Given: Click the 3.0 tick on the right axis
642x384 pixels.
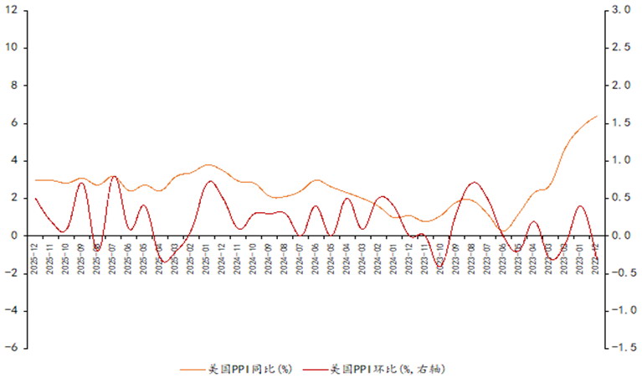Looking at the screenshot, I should tap(621, 10).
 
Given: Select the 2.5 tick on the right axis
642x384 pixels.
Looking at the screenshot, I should tap(621, 48).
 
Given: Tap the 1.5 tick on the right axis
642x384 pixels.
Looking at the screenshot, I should tap(621, 123).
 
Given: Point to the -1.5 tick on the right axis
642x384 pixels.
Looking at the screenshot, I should tap(619, 349).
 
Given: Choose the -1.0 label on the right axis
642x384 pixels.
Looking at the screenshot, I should tap(619, 311).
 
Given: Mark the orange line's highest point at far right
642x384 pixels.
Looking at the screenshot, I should tap(596, 117).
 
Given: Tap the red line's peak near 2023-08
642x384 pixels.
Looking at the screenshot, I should tap(475, 182).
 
